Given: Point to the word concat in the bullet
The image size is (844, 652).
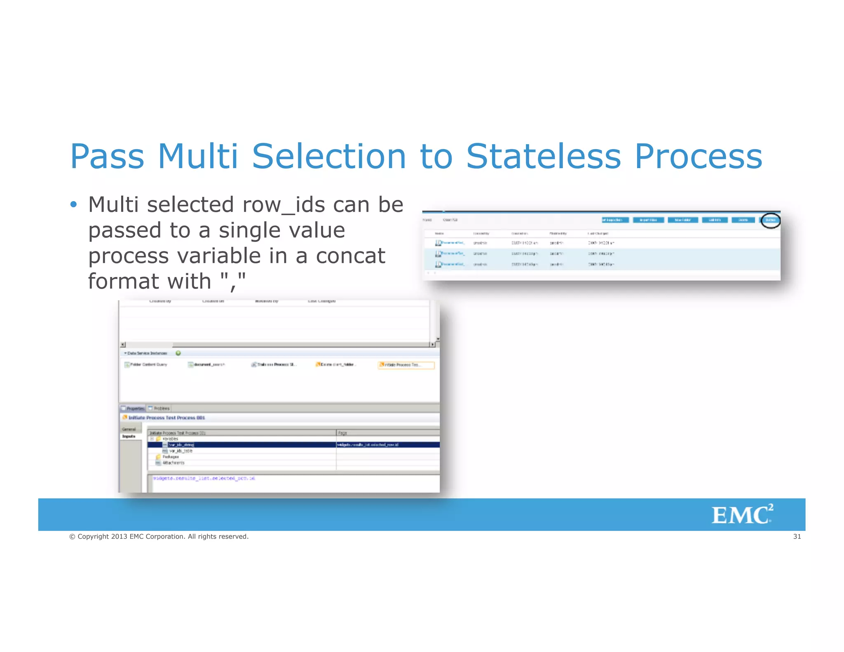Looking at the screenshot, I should coord(350,256).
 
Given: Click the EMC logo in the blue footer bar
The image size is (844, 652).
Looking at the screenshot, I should coord(742,514).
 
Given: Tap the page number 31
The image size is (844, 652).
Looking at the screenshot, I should coord(797,537).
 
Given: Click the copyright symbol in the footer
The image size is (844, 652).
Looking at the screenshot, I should coord(72,537).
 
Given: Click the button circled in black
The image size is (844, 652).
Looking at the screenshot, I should coord(770,220).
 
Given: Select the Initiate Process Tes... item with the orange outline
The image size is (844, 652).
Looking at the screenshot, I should coord(406,365).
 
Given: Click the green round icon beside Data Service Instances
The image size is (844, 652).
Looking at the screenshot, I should coord(178,353).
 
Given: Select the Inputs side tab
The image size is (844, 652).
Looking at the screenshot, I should coord(129,436).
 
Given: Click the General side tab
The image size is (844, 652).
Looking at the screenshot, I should coord(129,429).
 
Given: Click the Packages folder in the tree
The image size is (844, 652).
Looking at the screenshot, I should coord(170,457).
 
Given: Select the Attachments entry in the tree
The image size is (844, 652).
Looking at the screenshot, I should coord(173,463).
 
